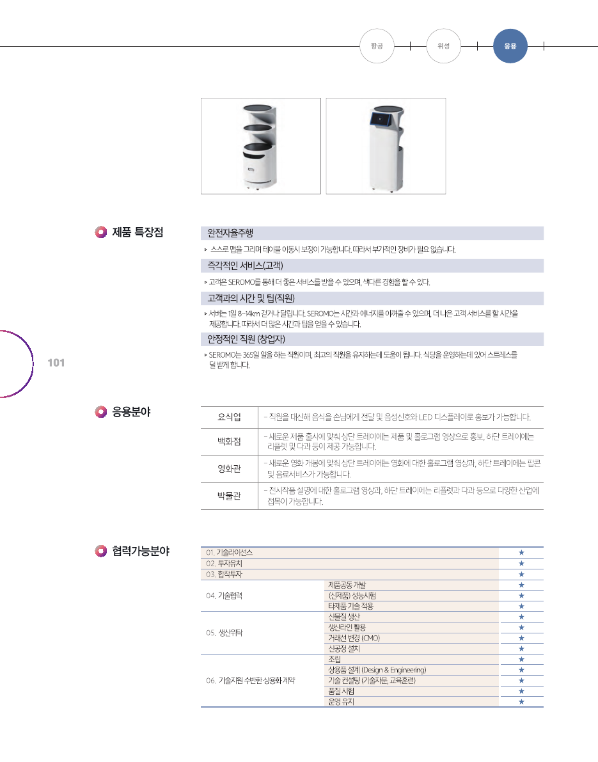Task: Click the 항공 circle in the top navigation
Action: [377, 46]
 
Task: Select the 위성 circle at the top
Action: [443, 46]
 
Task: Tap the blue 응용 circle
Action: [510, 46]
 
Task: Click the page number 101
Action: [56, 363]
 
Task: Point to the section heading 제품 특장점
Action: [138, 232]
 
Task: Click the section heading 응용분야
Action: [131, 412]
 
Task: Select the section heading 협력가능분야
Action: [141, 551]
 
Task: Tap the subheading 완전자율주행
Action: [230, 234]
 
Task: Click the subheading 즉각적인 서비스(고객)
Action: [245, 266]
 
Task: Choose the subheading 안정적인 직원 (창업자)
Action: [246, 339]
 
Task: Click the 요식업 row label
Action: [230, 417]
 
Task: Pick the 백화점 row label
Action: [230, 441]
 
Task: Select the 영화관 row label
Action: [230, 468]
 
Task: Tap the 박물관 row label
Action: [230, 496]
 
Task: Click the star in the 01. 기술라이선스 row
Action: [521, 553]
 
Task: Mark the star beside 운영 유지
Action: [521, 702]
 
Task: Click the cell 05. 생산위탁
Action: [224, 633]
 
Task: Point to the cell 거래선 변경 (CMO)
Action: [354, 638]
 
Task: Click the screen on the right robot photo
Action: [381, 118]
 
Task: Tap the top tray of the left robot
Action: [260, 108]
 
